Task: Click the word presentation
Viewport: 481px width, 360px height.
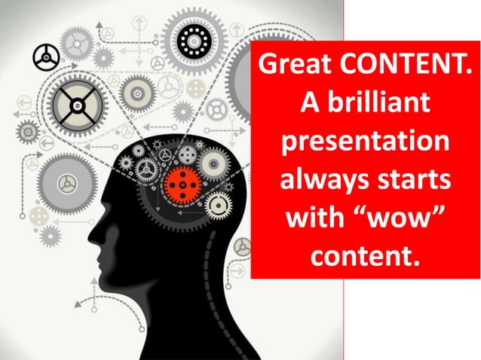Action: tap(365, 142)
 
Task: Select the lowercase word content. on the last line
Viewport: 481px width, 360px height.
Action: tap(365, 255)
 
